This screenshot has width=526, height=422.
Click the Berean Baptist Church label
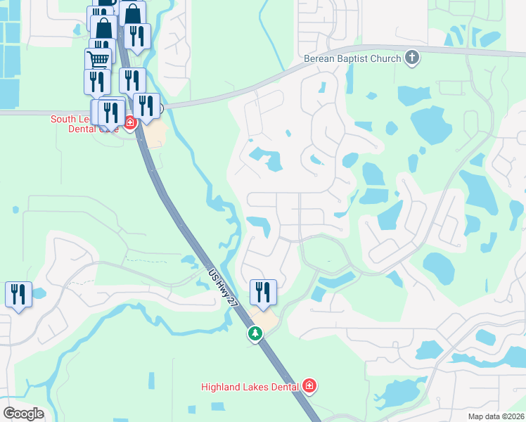(352, 58)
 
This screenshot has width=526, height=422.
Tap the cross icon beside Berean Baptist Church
(412, 58)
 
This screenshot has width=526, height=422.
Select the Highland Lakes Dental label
(250, 386)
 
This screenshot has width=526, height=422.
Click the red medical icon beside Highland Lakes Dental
(309, 386)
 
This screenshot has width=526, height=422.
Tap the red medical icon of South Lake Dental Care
(130, 123)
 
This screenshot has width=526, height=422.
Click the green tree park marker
(255, 334)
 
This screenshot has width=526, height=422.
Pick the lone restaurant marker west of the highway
(18, 295)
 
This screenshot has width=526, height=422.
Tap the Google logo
(23, 413)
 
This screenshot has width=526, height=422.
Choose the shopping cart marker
(98, 60)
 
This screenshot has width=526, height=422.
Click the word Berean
(319, 58)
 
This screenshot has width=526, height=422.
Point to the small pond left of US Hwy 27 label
(188, 261)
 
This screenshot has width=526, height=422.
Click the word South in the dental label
(62, 119)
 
